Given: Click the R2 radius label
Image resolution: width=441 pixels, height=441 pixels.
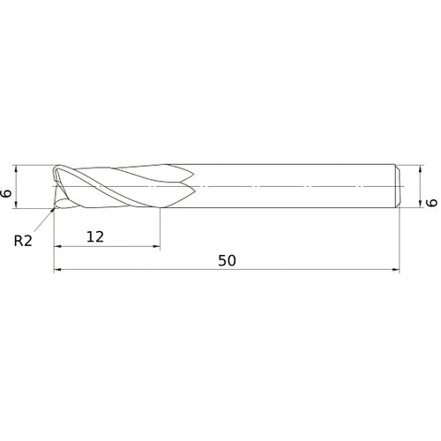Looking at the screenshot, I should pos(24,240).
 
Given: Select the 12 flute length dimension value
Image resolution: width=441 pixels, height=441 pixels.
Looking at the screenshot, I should pos(95,235).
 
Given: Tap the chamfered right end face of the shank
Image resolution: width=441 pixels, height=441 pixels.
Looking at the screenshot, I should pos(401,187).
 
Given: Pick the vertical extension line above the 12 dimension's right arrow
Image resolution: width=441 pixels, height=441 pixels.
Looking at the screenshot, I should pos(161,225).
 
